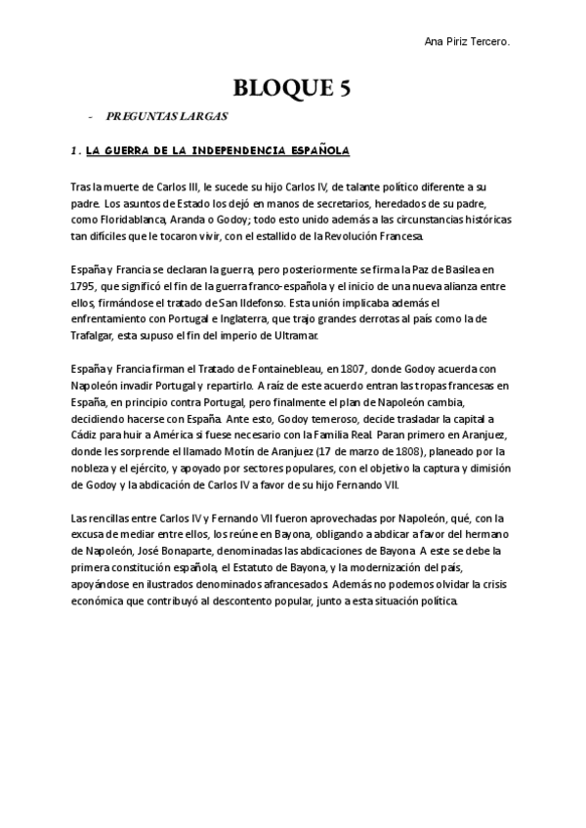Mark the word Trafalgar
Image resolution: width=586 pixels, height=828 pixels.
(x=96, y=338)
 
